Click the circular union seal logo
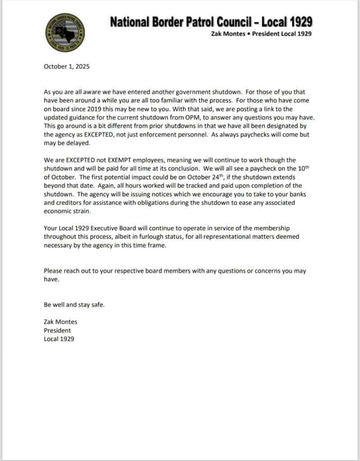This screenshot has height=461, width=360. coord(65,31)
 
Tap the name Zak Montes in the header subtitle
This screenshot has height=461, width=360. coord(228,34)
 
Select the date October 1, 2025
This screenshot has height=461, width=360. coord(67,67)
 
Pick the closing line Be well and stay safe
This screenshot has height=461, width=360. coord(74,305)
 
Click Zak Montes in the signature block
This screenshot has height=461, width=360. coord(60,322)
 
